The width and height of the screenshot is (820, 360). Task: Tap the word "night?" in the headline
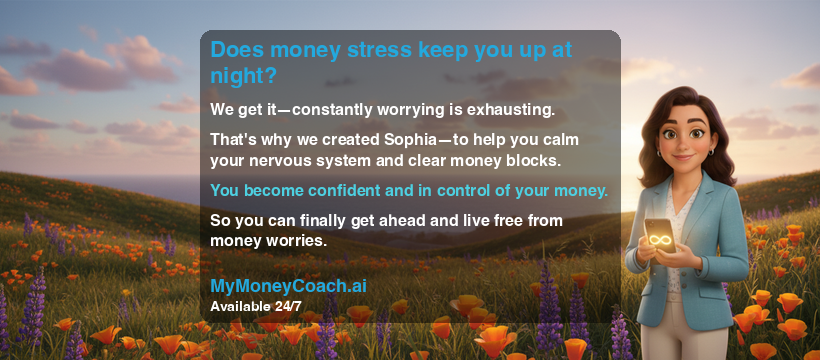pyautogui.click(x=243, y=76)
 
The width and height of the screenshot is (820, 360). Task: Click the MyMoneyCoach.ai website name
pyautogui.click(x=288, y=285)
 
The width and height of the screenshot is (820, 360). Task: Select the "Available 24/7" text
pyautogui.click(x=256, y=305)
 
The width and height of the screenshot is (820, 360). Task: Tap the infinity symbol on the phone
pyautogui.click(x=661, y=241)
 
